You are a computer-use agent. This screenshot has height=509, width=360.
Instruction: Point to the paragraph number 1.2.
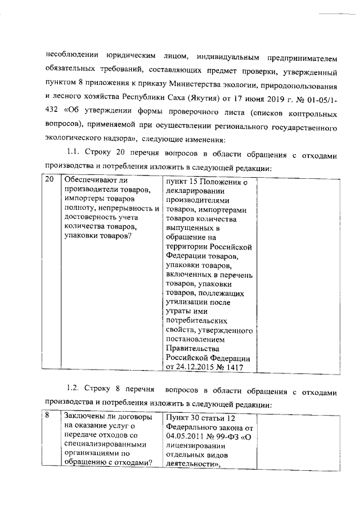74,389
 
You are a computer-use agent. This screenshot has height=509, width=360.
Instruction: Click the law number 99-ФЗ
231,436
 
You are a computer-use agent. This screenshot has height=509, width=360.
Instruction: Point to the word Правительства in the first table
193,349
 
